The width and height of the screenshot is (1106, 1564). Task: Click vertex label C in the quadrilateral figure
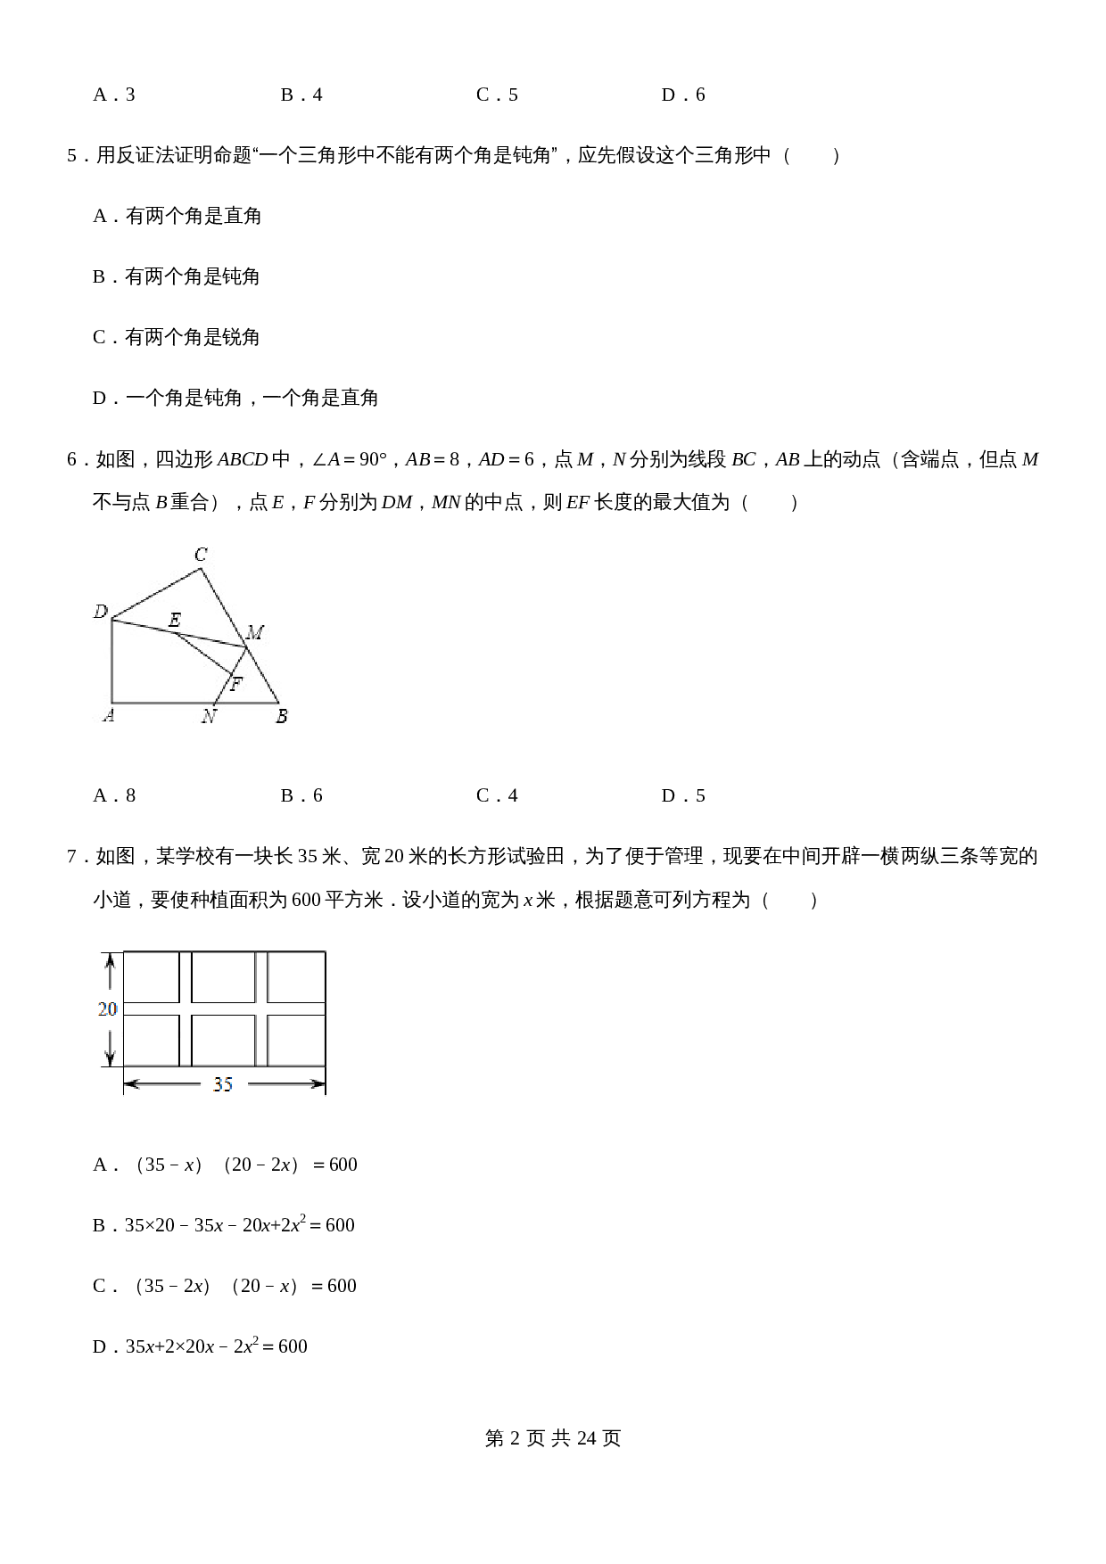click(202, 555)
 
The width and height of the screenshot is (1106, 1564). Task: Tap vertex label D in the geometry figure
click(101, 612)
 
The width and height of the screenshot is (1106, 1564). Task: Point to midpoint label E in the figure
click(175, 620)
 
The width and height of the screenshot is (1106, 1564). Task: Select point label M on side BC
click(255, 633)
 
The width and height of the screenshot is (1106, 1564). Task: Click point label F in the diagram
click(236, 685)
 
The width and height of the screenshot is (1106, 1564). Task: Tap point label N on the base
click(209, 716)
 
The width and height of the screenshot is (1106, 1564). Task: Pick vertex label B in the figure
click(282, 716)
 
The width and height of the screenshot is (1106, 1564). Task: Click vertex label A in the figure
click(108, 715)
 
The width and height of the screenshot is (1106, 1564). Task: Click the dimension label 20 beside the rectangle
click(107, 1009)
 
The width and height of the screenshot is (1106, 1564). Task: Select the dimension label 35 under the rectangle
click(223, 1084)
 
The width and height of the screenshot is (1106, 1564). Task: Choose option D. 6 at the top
click(683, 95)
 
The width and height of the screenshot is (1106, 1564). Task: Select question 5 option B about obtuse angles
click(177, 276)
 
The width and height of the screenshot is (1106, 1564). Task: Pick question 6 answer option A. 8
click(114, 795)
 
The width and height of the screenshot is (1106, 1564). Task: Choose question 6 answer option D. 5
click(683, 795)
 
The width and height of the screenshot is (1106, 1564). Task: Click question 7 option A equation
click(225, 1165)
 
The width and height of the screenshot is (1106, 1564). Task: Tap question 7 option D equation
click(200, 1346)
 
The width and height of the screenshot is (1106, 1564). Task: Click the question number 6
click(72, 460)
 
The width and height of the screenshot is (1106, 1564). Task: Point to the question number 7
click(72, 857)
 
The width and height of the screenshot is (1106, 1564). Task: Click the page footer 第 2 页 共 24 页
click(553, 1438)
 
